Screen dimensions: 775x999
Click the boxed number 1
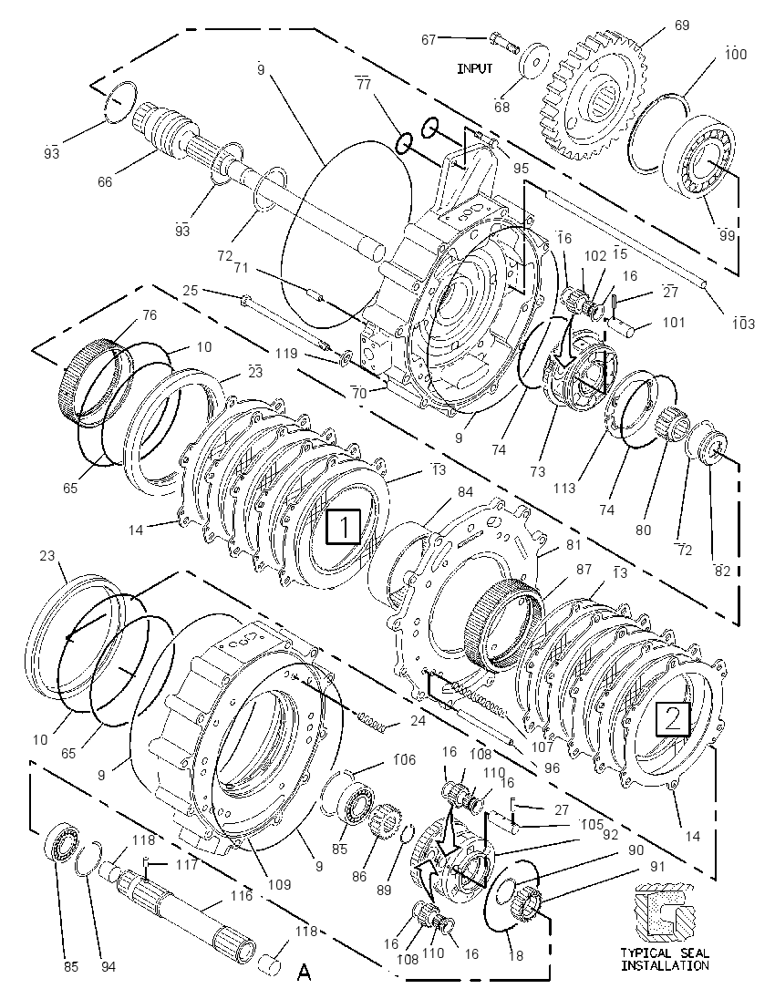point(344,527)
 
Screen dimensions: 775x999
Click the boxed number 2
point(673,718)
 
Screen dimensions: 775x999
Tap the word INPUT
point(475,68)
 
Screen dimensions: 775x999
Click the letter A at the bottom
point(305,973)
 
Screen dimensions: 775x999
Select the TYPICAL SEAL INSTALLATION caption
point(665,959)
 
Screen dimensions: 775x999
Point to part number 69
point(682,26)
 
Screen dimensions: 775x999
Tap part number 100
point(736,54)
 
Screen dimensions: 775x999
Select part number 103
point(742,324)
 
